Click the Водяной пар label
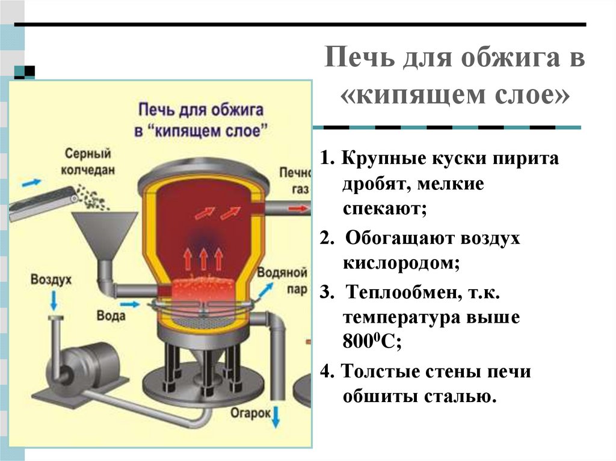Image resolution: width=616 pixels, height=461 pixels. click(283, 280)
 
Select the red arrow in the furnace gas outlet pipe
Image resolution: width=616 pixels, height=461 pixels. click(296, 209)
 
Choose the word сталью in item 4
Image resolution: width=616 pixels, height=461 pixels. click(464, 396)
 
